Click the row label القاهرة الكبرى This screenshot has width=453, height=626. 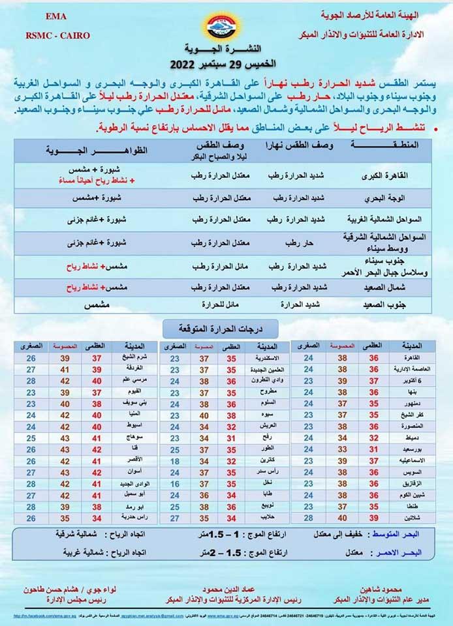(382, 175)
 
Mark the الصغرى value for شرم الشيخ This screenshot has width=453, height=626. (31, 358)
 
